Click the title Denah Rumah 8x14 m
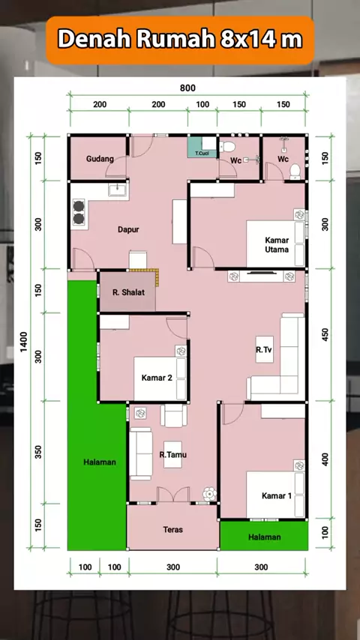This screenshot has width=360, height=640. coord(180,40)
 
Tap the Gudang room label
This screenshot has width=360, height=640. coord(100,159)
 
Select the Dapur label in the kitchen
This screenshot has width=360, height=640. coord(128,229)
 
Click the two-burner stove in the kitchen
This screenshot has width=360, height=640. coord(79,212)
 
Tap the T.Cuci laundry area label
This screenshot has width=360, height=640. coord(202,154)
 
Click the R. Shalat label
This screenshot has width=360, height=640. coord(128,292)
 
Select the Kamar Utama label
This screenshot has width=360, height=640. coord(277,244)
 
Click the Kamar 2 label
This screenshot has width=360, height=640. coord(157,378)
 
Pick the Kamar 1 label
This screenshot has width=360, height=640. coord(277,495)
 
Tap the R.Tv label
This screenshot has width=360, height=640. coord(265,349)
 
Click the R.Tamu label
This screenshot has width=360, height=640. coord(172,454)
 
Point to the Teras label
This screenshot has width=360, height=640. coord(172,529)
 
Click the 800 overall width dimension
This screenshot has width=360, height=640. coord(187,88)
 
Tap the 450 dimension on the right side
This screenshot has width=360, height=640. coord(325,335)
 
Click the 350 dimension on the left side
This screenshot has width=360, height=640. coord(38,452)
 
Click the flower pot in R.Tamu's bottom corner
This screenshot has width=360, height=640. coord(210,494)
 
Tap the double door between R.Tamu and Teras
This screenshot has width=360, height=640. coord(173,495)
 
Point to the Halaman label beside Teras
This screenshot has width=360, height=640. coord(265,537)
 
